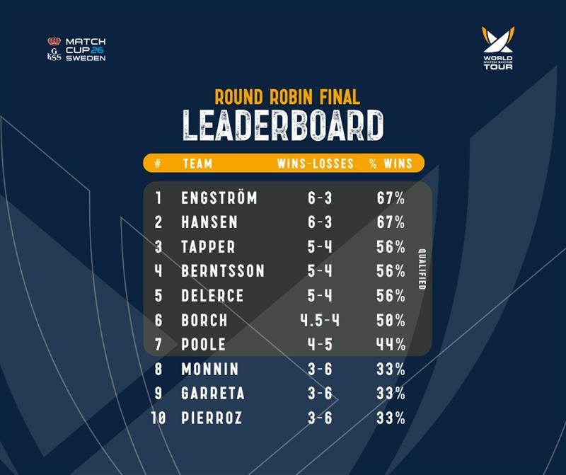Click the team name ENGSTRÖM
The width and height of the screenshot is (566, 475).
[219, 198]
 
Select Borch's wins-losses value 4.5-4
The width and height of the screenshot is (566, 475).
[320, 320]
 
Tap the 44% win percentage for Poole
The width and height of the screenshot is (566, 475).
[391, 344]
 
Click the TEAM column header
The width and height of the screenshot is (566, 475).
[197, 164]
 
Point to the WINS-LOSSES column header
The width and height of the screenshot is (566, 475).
[315, 164]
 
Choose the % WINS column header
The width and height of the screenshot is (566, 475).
[391, 164]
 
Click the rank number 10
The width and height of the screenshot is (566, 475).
[158, 418]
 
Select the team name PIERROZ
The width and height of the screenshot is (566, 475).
[212, 418]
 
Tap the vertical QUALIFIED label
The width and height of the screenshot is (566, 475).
[422, 269]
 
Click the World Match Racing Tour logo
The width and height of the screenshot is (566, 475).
[498, 47]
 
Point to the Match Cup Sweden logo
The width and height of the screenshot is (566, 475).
[76, 49]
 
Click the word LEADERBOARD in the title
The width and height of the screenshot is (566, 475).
[283, 125]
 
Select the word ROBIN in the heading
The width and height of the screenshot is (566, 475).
[291, 97]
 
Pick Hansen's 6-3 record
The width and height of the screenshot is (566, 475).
[320, 222]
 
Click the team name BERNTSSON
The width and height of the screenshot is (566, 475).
[223, 271]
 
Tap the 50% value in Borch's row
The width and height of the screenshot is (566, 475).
[391, 320]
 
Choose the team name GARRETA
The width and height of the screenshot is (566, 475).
[213, 394]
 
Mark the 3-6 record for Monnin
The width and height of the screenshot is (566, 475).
[320, 369]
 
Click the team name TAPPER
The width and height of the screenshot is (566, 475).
[208, 247]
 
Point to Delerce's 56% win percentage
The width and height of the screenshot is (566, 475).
[391, 295]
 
